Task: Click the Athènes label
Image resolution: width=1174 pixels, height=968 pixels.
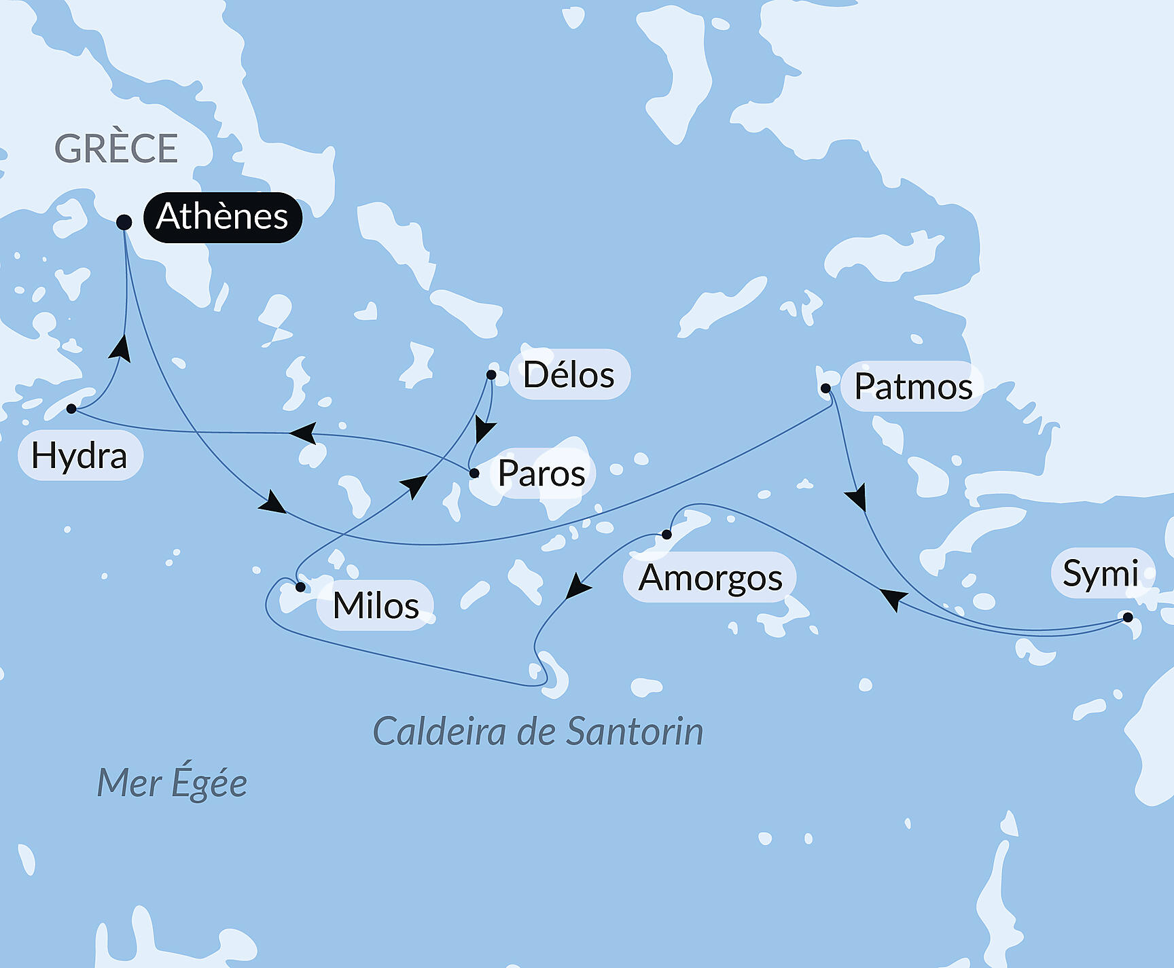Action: (222, 217)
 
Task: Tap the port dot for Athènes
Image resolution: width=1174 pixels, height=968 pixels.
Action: (124, 222)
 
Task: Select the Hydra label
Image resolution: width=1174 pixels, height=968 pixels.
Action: (79, 456)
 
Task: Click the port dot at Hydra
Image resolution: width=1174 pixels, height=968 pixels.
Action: (71, 408)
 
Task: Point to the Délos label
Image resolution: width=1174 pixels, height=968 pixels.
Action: (569, 375)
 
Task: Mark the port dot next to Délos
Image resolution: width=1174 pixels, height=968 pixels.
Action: (491, 374)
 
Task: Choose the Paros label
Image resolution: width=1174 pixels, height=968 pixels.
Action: (541, 473)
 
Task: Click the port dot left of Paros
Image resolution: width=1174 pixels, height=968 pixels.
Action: (474, 473)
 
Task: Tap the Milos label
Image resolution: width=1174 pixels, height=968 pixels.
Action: (376, 605)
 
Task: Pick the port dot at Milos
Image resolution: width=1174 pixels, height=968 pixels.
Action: (300, 587)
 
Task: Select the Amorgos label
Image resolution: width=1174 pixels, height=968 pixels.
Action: (710, 578)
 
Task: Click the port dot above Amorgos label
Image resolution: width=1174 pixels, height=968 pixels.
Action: (666, 535)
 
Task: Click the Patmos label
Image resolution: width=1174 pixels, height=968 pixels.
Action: (912, 387)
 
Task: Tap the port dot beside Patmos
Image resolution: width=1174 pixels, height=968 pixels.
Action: (825, 389)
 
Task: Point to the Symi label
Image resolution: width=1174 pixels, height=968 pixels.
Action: (1101, 573)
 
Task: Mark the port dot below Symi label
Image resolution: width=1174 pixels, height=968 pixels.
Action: (1128, 617)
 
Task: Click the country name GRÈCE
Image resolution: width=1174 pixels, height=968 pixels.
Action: (116, 149)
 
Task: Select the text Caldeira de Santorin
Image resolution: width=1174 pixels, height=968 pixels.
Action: (538, 732)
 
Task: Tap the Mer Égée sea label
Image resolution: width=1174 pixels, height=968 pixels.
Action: (172, 783)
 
